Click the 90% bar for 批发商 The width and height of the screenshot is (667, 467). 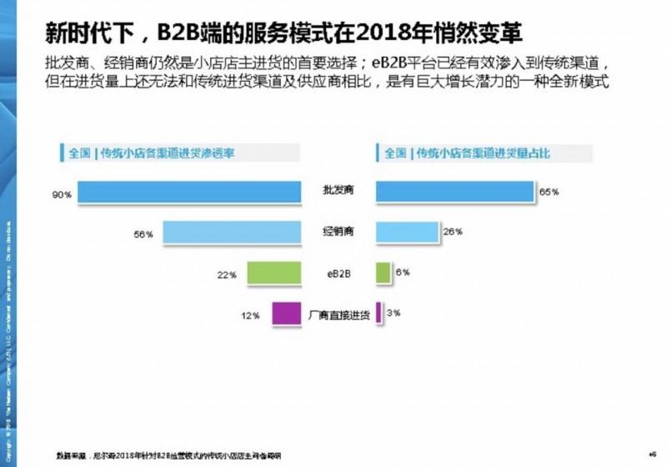(190, 193)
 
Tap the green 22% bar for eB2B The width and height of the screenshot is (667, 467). (274, 273)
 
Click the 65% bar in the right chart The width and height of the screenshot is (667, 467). (455, 192)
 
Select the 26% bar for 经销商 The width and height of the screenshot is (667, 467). (407, 232)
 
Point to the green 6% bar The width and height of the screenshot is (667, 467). (384, 272)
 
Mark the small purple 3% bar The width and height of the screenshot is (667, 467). (379, 313)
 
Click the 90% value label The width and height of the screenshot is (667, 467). (62, 194)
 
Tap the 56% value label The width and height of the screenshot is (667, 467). (143, 234)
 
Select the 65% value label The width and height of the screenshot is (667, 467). (549, 193)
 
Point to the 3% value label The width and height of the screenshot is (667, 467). (394, 314)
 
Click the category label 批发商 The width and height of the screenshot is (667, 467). (338, 191)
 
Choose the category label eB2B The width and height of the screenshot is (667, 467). (338, 272)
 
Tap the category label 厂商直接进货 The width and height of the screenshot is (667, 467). (339, 314)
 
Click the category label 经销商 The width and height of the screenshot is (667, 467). (338, 232)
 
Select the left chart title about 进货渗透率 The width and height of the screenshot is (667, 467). (151, 153)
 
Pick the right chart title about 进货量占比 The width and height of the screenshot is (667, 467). (467, 153)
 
